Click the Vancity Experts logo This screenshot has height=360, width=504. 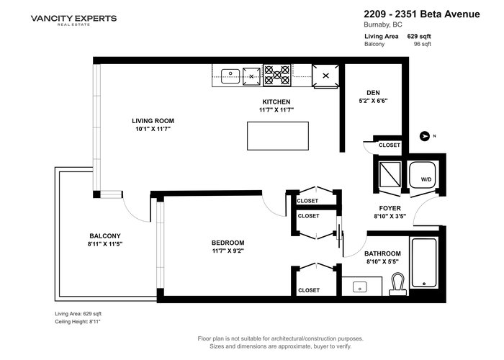(73, 19)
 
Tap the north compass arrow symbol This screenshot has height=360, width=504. (425, 136)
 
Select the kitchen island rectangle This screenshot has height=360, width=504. (278, 135)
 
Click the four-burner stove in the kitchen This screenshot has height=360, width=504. (277, 75)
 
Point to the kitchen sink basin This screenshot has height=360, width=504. (230, 76)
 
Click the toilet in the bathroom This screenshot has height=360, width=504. (398, 284)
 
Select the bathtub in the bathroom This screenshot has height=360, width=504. (424, 263)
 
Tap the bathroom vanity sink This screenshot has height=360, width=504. (359, 287)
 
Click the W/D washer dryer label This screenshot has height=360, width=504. (426, 179)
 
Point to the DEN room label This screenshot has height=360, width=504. (373, 93)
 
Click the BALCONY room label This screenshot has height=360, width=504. (105, 235)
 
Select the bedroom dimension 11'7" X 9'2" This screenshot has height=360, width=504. (228, 251)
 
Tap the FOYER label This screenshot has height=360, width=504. (390, 208)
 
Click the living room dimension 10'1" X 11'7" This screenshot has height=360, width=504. (153, 129)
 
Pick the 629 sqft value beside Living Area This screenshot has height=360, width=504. (419, 36)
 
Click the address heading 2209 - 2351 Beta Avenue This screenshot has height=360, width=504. (422, 14)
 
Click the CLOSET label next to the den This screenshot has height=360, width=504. (390, 145)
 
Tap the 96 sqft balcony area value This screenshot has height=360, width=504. (423, 44)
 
